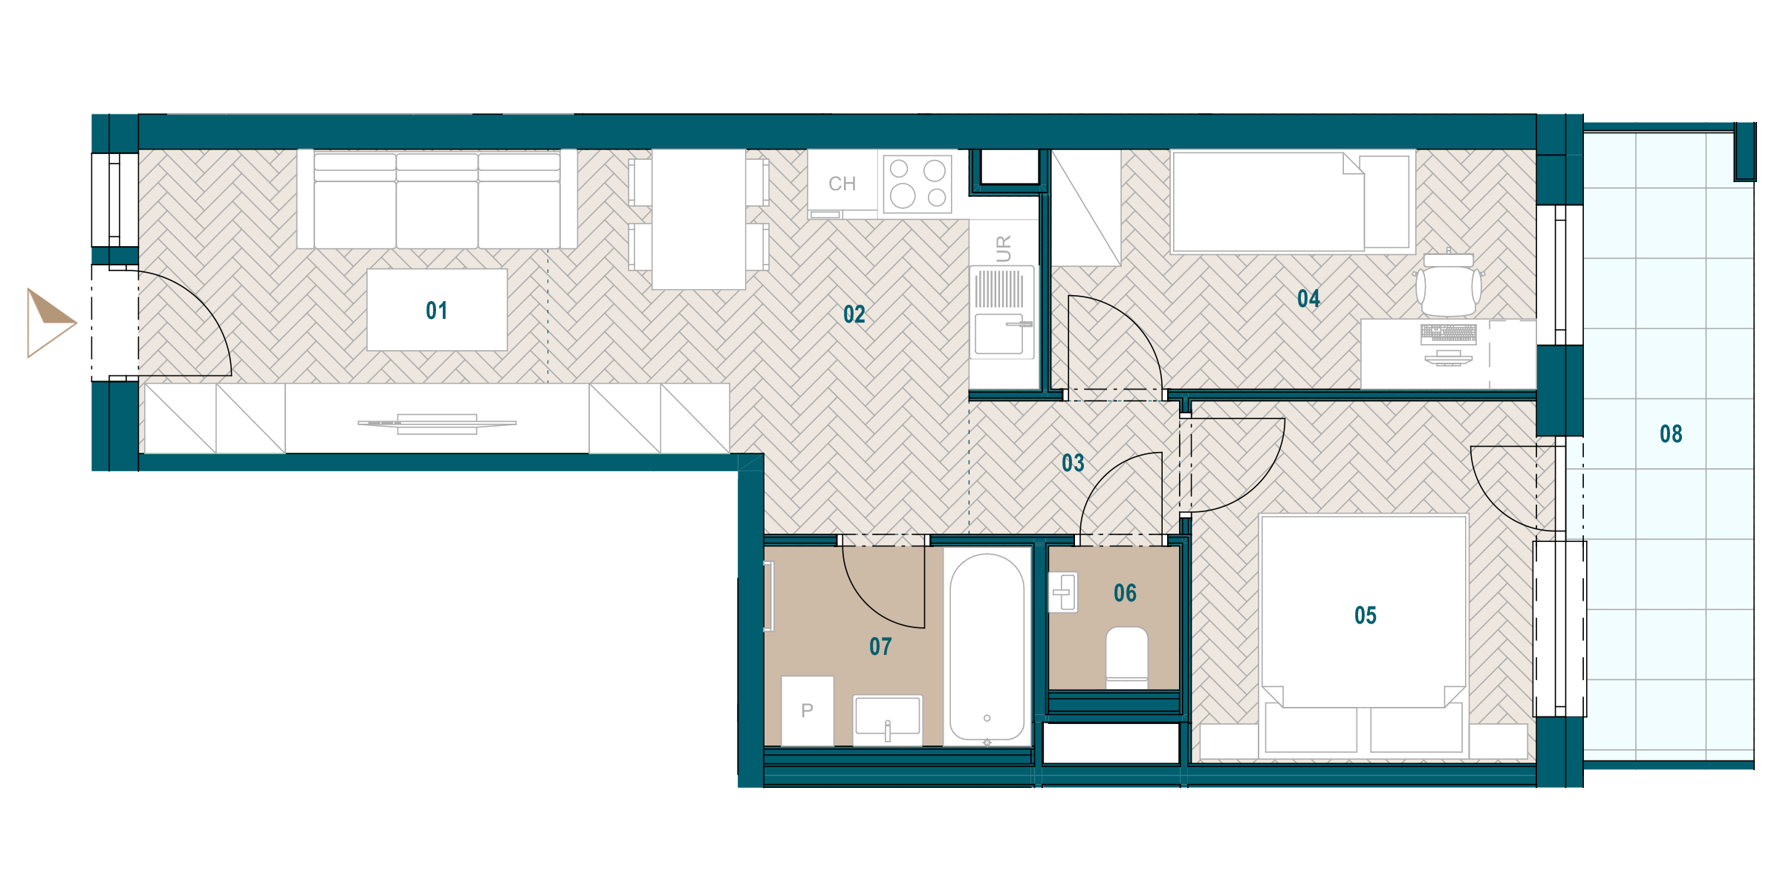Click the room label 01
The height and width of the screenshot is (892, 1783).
(x=437, y=311)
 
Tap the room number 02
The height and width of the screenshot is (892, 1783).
(x=854, y=314)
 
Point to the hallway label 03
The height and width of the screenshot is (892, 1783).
(x=1073, y=463)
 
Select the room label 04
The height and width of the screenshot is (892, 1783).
(x=1308, y=299)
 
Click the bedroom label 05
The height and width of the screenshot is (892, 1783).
(x=1365, y=615)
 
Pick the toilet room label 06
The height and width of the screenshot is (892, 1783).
(x=1125, y=593)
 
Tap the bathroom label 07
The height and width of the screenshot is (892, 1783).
(x=880, y=647)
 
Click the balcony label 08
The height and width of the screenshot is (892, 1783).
(x=1671, y=434)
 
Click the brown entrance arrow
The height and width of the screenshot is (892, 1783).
(x=51, y=323)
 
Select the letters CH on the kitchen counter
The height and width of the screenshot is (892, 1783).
(x=842, y=184)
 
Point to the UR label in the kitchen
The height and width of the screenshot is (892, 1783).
(x=1004, y=249)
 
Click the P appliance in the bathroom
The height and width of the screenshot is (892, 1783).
(x=808, y=711)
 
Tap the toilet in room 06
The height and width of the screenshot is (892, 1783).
(x=1127, y=657)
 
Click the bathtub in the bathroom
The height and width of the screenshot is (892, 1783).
(x=987, y=647)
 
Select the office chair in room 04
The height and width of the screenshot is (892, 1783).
(x=1448, y=285)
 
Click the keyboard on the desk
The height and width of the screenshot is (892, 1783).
(x=1448, y=333)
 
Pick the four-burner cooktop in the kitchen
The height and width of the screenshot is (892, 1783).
(x=918, y=184)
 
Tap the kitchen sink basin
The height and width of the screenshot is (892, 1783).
(x=999, y=334)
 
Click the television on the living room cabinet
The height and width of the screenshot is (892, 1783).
(x=437, y=424)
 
